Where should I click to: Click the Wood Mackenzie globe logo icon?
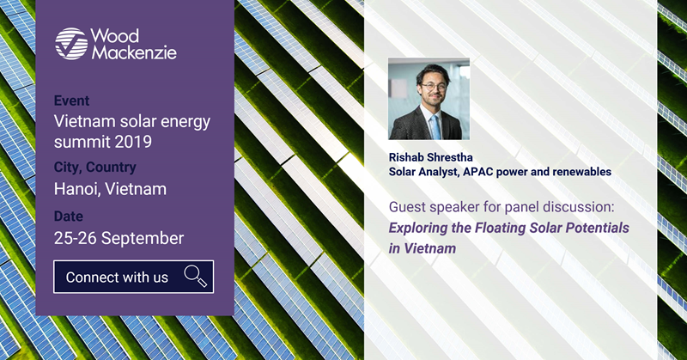point(71,44)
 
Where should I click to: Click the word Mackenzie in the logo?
point(134,52)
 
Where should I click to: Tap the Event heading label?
point(71,101)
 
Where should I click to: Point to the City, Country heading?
point(95,167)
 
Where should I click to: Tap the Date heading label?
point(69,217)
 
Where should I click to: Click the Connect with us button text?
point(117,278)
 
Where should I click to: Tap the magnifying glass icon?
point(196,277)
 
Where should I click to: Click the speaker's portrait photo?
point(429,99)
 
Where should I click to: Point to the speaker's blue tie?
point(435,126)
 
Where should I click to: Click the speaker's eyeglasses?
point(434,88)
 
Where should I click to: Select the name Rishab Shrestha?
point(431,157)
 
